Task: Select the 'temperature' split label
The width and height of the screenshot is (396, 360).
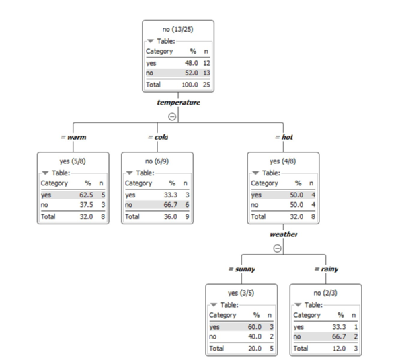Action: coord(178,103)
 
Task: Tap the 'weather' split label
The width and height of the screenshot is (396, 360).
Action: coord(283,234)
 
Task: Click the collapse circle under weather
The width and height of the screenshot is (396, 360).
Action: coord(276,248)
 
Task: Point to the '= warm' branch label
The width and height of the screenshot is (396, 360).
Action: coord(73,137)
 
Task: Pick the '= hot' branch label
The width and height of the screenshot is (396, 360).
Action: coord(284,137)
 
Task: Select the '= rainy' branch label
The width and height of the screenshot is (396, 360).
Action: coord(325,269)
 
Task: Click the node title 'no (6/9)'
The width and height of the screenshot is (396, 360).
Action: coord(157,161)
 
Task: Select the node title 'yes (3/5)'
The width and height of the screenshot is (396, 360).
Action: coord(241,292)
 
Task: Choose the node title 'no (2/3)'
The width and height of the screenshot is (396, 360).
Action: coord(325,292)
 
